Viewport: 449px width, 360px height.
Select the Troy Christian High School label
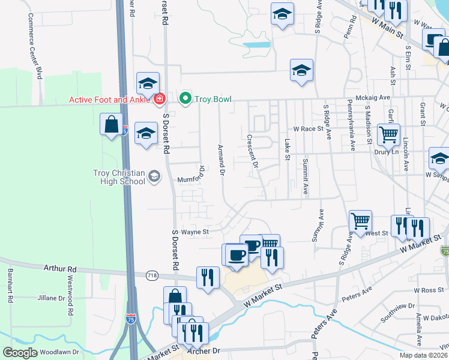119,177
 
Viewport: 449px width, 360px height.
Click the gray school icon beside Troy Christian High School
154,176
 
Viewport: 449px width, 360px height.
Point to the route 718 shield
152,275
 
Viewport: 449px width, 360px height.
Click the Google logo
20,352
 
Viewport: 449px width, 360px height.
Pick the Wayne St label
194,232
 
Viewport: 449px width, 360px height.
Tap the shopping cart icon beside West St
360,220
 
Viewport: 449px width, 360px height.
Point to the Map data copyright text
424,355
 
